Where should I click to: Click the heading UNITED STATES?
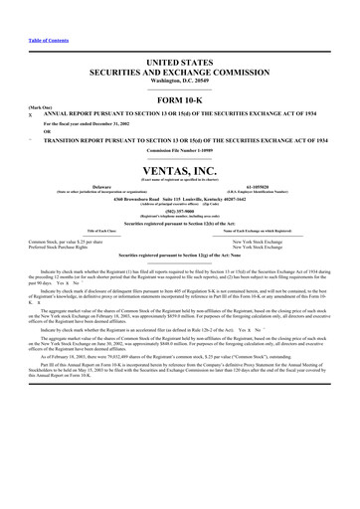180,63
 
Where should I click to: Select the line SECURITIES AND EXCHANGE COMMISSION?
180,73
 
